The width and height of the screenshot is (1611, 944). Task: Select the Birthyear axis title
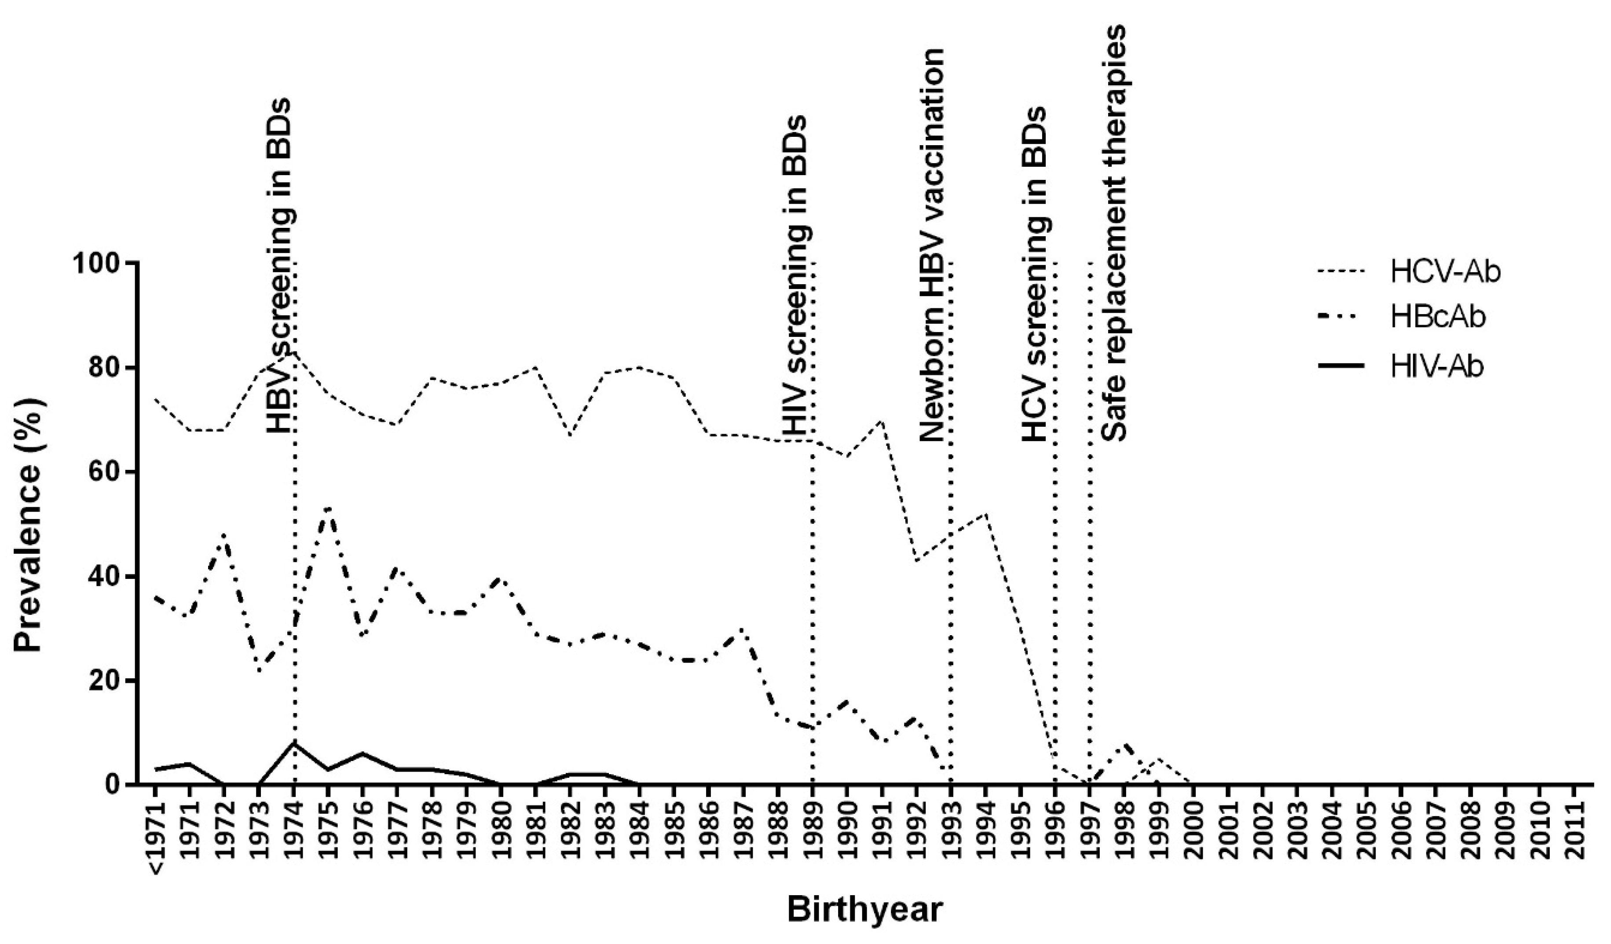[x=864, y=910]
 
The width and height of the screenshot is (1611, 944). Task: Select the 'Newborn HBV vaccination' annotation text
[x=933, y=244]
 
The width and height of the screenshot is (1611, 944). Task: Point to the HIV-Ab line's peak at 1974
[x=294, y=743]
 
